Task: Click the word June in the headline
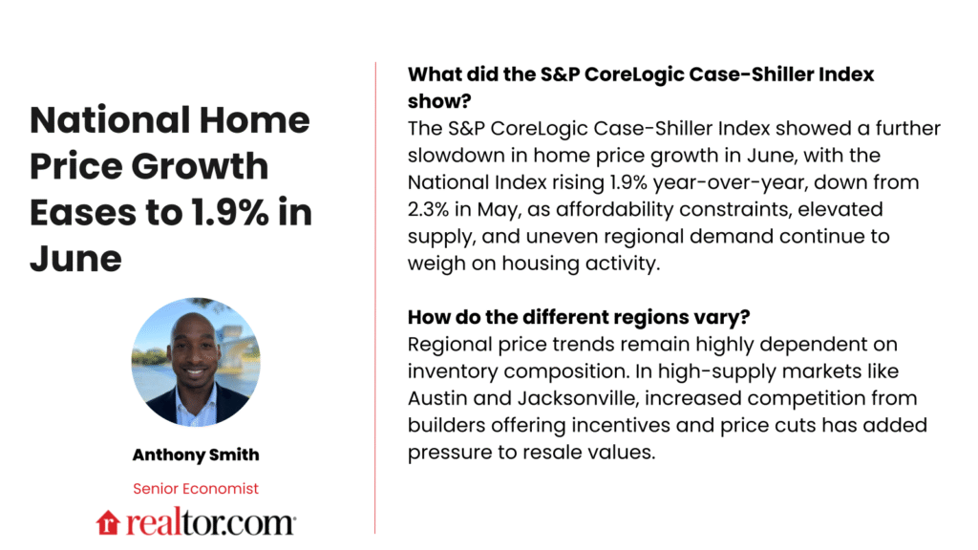(x=75, y=258)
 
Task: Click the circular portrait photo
(x=196, y=362)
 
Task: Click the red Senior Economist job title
(x=195, y=488)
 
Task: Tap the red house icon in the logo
(x=106, y=521)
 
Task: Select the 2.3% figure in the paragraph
(x=431, y=208)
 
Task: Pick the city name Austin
(x=436, y=397)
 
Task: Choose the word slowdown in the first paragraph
(x=455, y=155)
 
